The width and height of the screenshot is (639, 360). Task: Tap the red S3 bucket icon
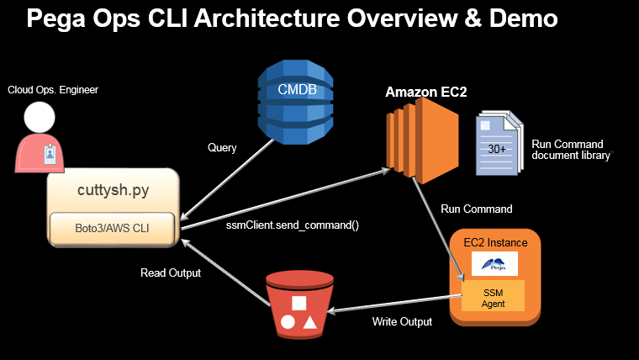click(x=298, y=305)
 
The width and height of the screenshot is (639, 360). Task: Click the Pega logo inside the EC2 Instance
click(x=494, y=263)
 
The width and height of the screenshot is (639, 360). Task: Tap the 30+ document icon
click(x=498, y=145)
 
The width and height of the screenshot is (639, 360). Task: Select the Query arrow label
click(x=222, y=148)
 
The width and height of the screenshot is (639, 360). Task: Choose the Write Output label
click(x=403, y=321)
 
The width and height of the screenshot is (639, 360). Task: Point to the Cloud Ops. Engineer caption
click(x=53, y=89)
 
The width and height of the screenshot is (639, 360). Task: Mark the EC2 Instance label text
click(x=495, y=242)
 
